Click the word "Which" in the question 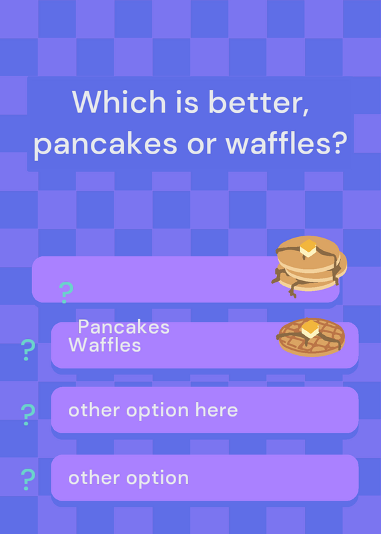(119, 101)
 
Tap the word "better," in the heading (258, 102)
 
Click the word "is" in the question (187, 102)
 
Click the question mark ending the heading (336, 143)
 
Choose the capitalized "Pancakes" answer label (123, 327)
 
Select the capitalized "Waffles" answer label (105, 344)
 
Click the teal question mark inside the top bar (65, 292)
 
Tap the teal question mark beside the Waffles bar (28, 350)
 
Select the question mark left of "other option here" (28, 415)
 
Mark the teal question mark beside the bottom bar (28, 479)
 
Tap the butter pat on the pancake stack (308, 248)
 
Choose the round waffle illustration (312, 337)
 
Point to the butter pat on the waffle (310, 329)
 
